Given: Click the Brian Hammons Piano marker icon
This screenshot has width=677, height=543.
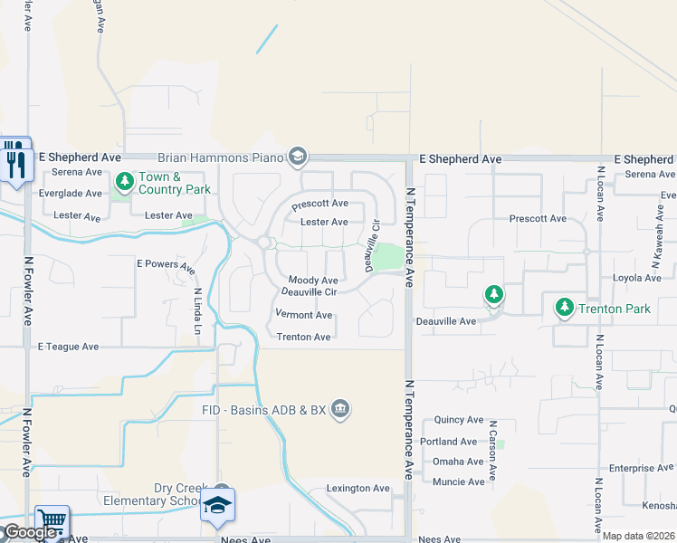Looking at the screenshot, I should [298, 157].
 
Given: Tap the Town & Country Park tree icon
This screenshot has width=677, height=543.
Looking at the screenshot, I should [125, 183].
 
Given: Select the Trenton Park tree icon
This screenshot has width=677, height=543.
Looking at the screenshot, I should [565, 309].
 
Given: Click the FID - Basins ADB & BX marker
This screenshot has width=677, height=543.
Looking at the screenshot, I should [340, 410].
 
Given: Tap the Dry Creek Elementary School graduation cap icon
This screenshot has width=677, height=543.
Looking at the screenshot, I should [218, 505].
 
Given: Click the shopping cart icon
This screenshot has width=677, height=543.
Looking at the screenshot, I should [52, 521].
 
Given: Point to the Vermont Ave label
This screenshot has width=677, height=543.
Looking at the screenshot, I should [304, 315].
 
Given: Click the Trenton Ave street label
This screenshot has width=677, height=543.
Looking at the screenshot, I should [303, 337].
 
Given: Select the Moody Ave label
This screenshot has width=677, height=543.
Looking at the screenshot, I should [313, 281].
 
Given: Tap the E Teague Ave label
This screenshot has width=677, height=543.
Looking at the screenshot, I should [68, 347].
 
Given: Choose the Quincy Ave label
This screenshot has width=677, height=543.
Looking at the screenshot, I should [459, 420].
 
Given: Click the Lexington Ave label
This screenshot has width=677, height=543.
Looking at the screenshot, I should [358, 489].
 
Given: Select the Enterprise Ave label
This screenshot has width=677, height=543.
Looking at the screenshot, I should [642, 469].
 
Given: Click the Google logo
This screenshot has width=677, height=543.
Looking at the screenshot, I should [29, 532].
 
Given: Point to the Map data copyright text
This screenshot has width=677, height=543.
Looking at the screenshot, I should [638, 536].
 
